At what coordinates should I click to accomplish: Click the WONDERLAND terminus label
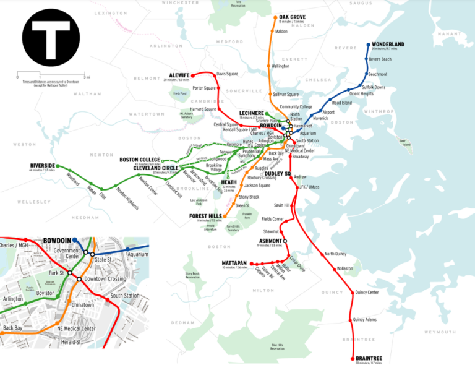pyautogui.click(x=388, y=45)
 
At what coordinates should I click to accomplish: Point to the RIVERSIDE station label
pyautogui.click(x=42, y=166)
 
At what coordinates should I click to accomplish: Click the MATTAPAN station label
pyautogui.click(x=235, y=263)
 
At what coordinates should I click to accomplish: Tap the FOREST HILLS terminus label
pyautogui.click(x=205, y=216)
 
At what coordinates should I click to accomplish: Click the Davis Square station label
pyautogui.click(x=227, y=74)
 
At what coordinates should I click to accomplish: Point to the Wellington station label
pyautogui.click(x=280, y=66)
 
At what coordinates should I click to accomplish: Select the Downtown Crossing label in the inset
pyautogui.click(x=105, y=278)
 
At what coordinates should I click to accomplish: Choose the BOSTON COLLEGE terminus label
pyautogui.click(x=140, y=160)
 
